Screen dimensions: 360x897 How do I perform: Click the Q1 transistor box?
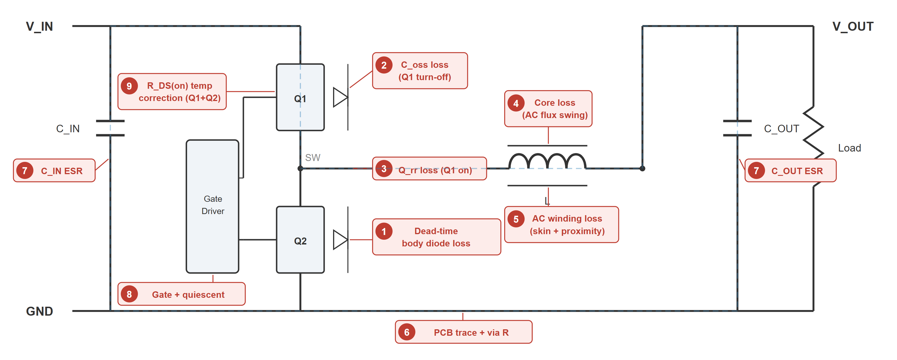(300, 97)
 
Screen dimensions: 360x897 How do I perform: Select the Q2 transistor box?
(300, 240)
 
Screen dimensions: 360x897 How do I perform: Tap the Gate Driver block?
(212, 207)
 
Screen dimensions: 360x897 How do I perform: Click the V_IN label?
(39, 27)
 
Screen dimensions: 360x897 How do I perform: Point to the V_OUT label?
(853, 27)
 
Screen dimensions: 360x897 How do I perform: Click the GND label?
(39, 311)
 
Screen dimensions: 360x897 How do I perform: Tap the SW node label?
(312, 158)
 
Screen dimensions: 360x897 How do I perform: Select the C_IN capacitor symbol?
(110, 128)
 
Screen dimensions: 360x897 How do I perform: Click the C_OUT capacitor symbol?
(737, 128)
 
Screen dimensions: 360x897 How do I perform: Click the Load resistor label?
(849, 148)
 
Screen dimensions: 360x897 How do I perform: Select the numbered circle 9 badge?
(129, 86)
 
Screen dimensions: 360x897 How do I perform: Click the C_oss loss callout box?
(420, 71)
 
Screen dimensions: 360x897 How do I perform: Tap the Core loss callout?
(548, 109)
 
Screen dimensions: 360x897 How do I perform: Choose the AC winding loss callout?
(561, 225)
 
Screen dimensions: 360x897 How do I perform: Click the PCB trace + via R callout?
(463, 332)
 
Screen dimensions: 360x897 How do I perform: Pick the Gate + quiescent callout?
(181, 294)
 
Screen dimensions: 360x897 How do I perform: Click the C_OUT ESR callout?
(790, 171)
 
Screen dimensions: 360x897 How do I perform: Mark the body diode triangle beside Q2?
(340, 239)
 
